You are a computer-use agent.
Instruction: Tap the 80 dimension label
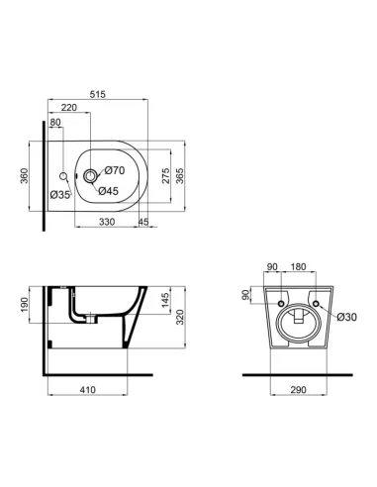point(55,123)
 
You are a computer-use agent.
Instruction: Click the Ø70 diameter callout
point(114,171)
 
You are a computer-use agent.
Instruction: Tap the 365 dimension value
point(181,176)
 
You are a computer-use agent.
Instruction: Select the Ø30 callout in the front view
point(345,317)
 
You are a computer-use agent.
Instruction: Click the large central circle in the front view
point(298,319)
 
